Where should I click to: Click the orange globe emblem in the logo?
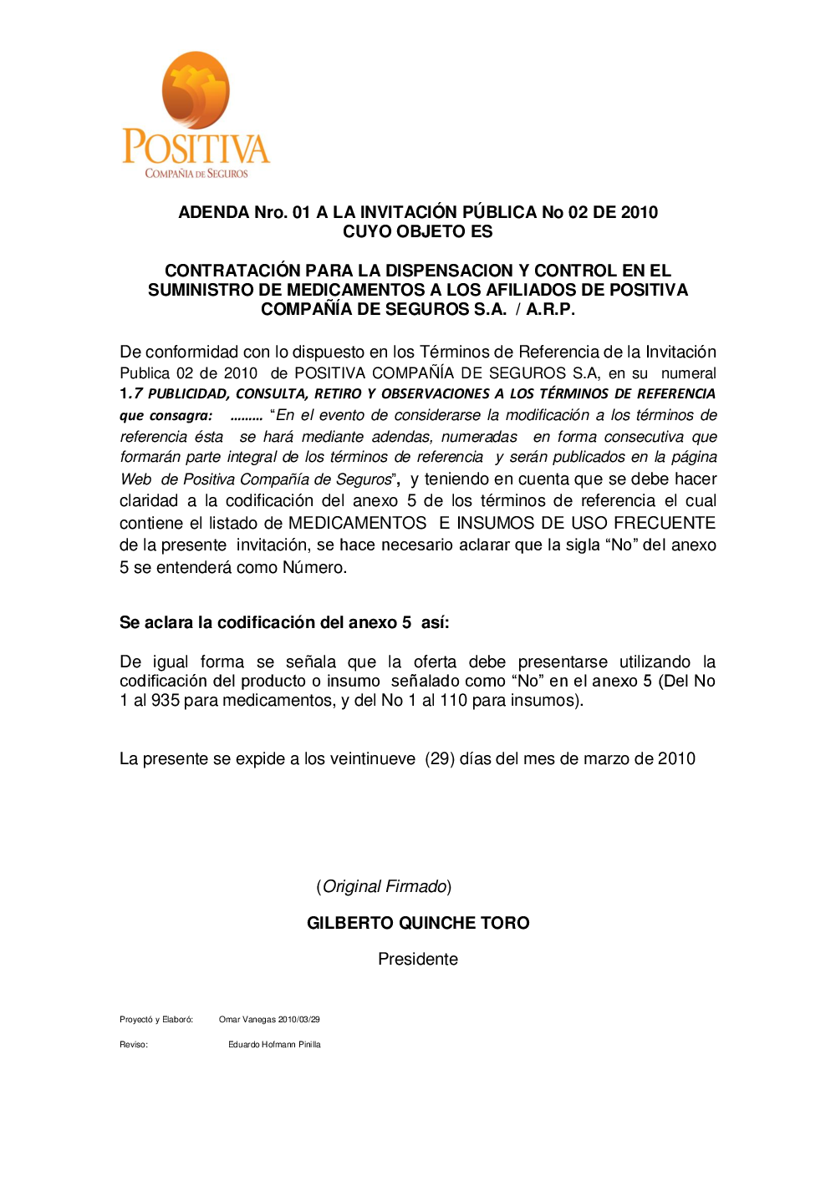196,90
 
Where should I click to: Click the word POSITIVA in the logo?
196,148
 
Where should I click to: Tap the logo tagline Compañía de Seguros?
196,174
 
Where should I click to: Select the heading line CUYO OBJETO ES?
417,231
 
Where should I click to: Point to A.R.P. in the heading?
550,309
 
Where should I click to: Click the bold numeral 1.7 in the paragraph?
131,393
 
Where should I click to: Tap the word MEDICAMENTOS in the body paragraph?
357,523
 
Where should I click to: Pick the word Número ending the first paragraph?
313,567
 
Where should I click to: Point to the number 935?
165,700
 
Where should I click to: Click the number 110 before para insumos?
453,700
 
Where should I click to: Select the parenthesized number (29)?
440,758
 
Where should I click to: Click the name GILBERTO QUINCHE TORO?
418,923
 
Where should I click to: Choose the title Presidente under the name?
417,959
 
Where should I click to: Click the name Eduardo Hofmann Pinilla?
274,1044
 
